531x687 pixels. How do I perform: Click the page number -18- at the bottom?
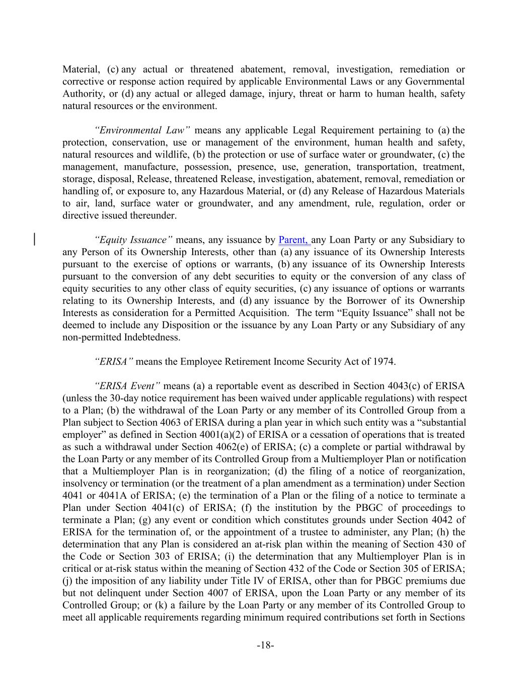pyautogui.click(x=265, y=645)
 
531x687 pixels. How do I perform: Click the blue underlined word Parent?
pyautogui.click(x=292, y=240)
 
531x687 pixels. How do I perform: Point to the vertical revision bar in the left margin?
pyautogui.click(x=34, y=239)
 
